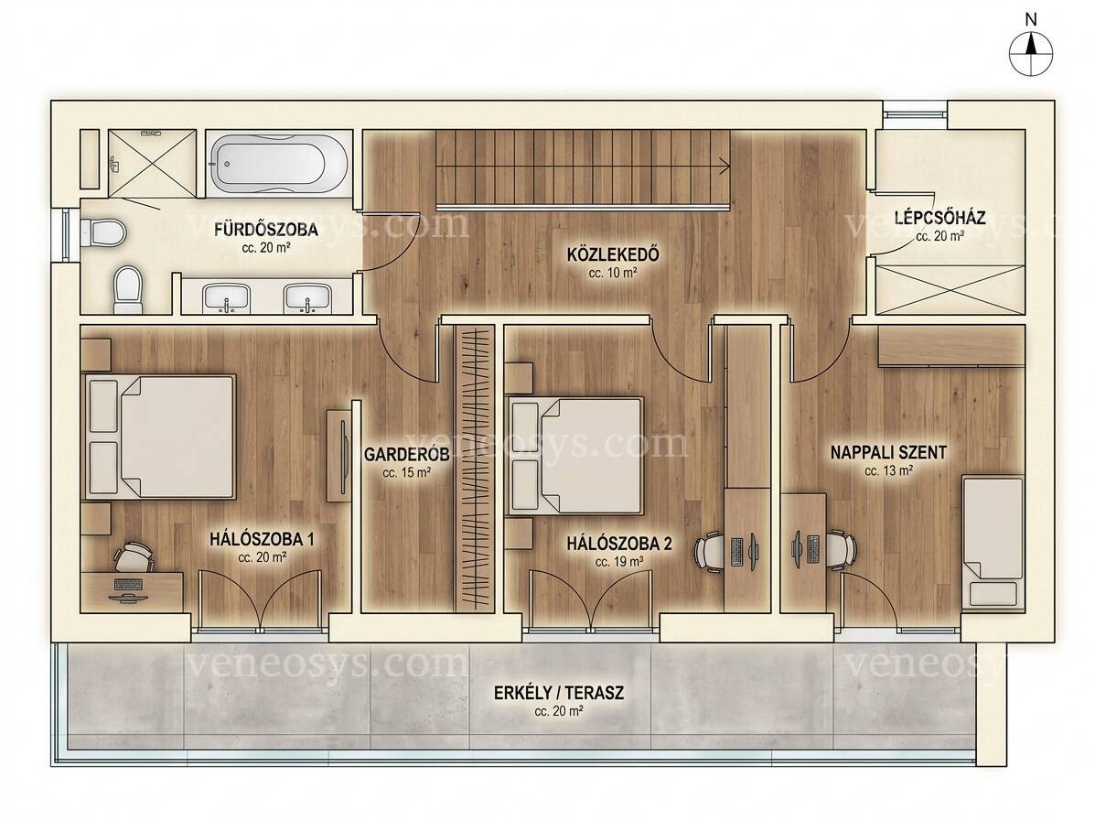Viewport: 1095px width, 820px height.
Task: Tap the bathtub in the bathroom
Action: coord(280,164)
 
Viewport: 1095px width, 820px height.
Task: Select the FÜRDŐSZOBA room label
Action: coord(266,229)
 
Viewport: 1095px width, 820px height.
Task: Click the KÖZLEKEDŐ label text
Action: coord(613,254)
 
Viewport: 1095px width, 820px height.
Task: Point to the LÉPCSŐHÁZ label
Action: coord(940,218)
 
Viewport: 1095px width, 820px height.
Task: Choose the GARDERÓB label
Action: coord(406,455)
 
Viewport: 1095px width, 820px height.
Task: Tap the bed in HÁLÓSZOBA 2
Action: coord(574,456)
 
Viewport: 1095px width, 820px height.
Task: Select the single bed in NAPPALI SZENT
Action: coord(993,541)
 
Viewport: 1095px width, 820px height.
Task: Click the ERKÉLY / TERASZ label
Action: coord(559,694)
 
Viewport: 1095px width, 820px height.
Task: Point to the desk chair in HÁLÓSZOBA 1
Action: coord(134,557)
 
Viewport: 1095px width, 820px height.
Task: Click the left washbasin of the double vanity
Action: coord(226,298)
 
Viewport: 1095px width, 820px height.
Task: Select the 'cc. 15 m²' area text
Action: coord(406,473)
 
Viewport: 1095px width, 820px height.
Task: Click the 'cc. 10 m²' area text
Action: coord(612,274)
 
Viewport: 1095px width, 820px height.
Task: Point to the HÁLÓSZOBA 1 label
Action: coord(262,539)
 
